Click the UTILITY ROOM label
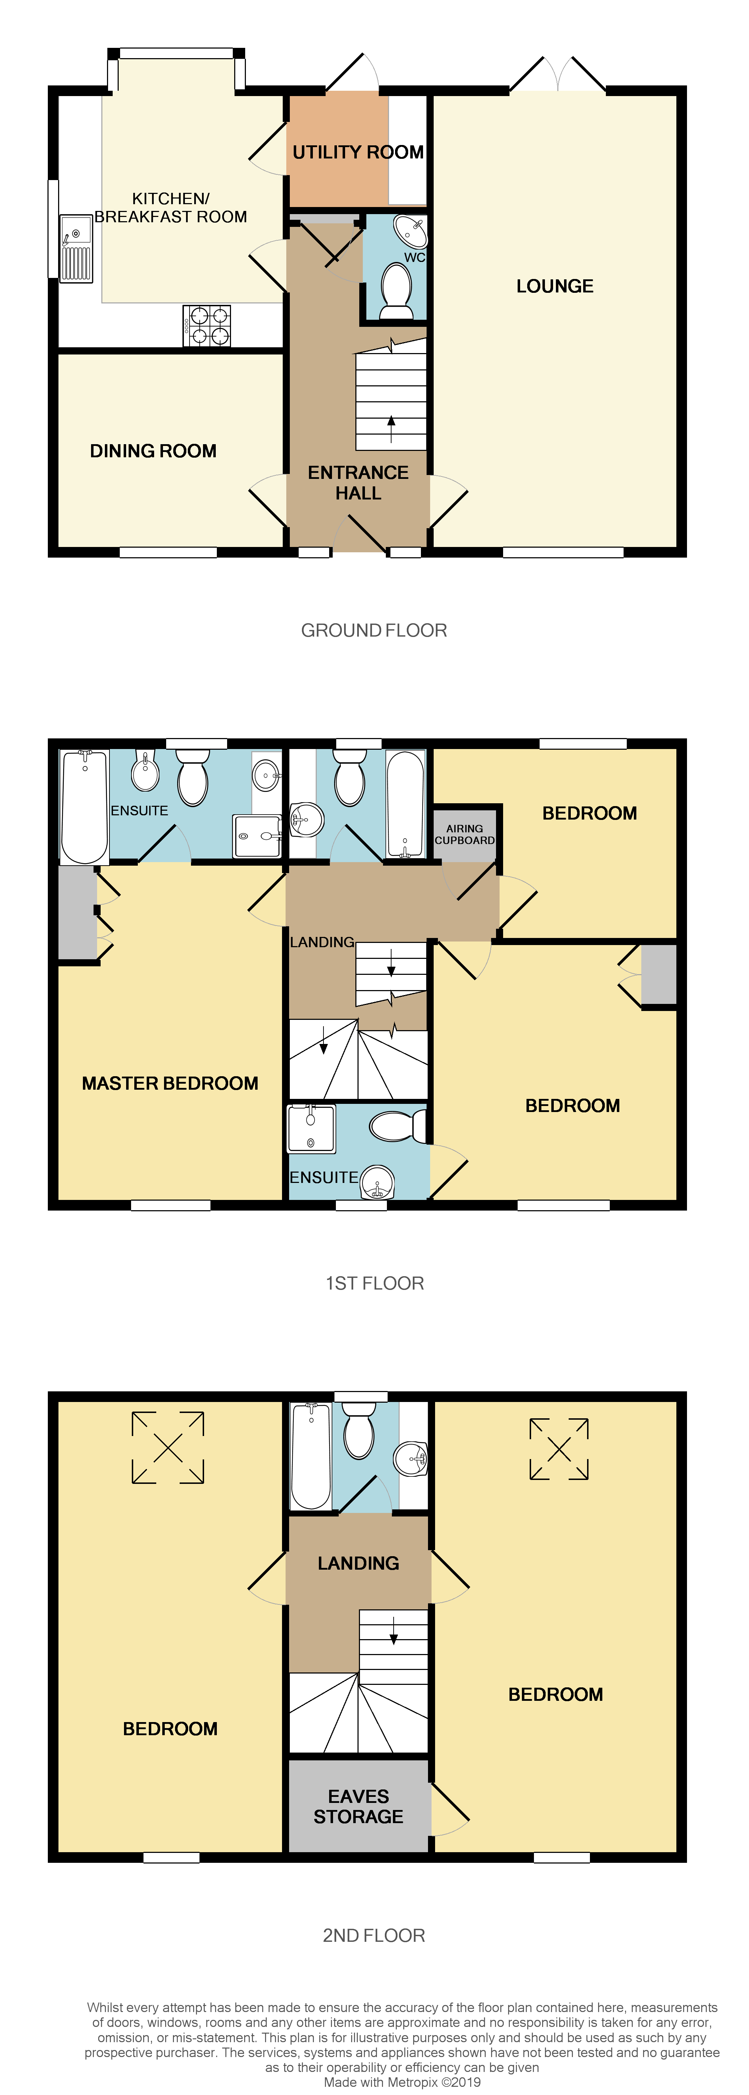click(358, 152)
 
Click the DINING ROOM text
click(153, 451)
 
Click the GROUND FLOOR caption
click(374, 630)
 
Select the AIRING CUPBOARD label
click(464, 834)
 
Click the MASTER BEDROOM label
click(170, 1083)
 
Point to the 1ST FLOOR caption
click(374, 1283)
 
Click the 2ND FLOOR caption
click(374, 1935)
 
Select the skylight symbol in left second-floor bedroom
click(168, 1448)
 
